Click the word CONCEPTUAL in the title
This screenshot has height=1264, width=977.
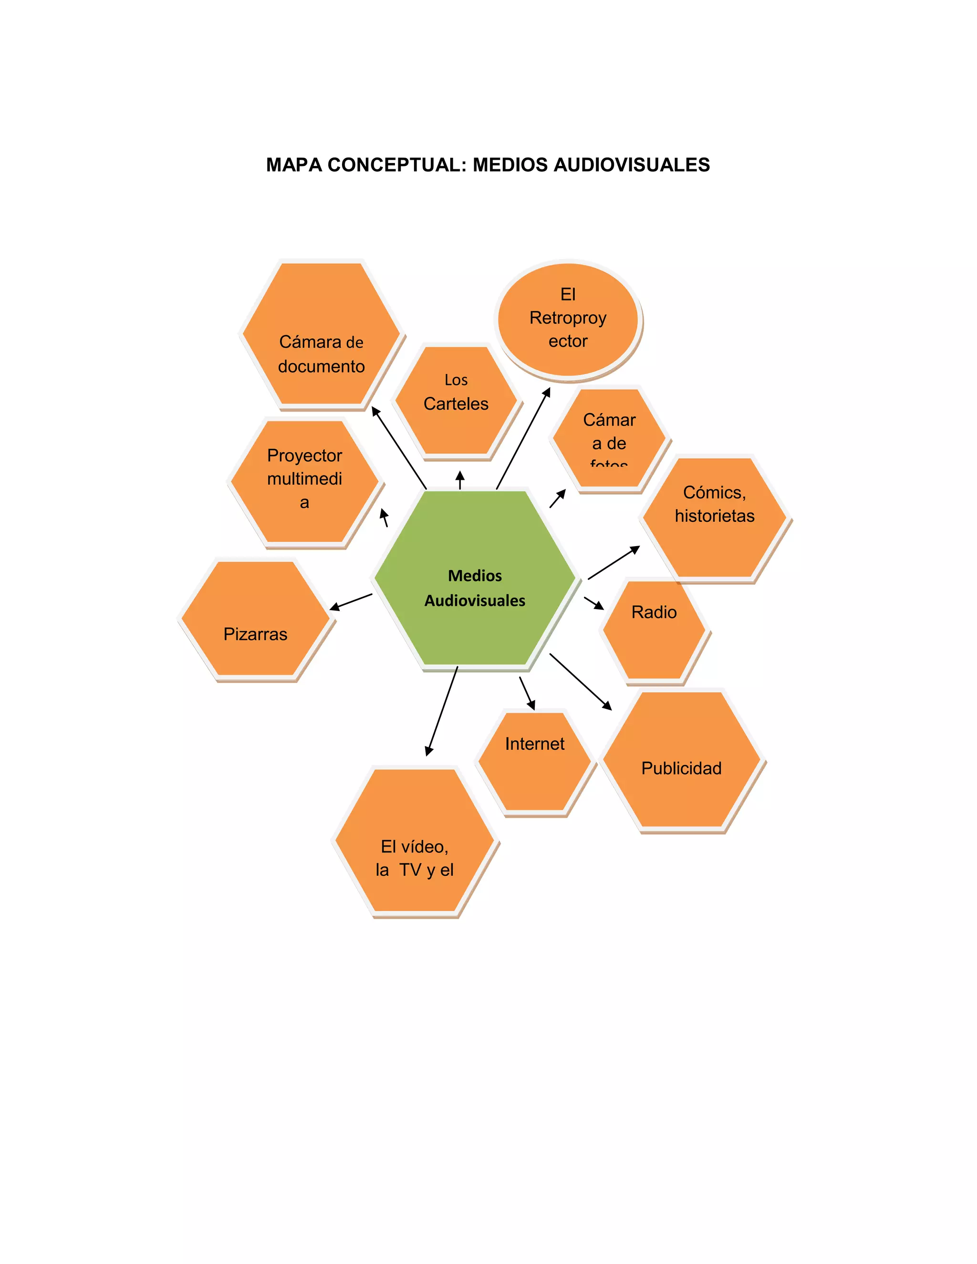[394, 165]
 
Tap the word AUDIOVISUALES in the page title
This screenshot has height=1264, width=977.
[632, 165]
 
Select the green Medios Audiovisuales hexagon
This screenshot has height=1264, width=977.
[475, 579]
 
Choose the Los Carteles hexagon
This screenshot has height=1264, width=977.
[456, 399]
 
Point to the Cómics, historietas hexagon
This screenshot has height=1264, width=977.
[715, 518]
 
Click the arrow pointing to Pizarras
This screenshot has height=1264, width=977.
[351, 602]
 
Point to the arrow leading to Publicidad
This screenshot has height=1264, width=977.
[580, 681]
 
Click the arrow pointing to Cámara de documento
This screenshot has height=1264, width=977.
[399, 448]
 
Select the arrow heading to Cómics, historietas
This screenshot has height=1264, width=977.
[613, 562]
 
